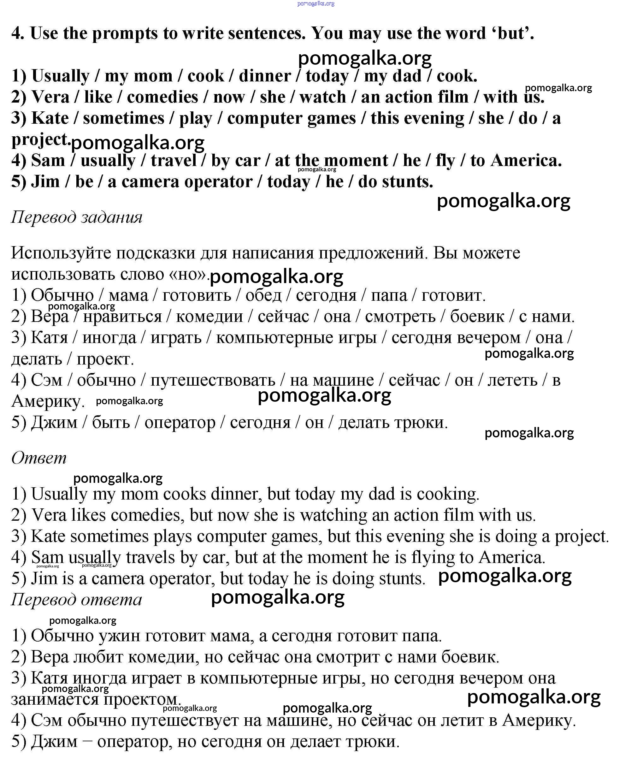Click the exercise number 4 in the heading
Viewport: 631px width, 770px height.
(17, 33)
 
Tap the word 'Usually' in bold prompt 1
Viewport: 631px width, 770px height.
(60, 76)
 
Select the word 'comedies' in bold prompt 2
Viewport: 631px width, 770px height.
(162, 97)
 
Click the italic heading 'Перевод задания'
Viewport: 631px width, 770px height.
(77, 217)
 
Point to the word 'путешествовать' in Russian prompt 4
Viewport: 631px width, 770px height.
(213, 380)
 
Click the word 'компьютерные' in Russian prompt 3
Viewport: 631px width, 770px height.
(296, 338)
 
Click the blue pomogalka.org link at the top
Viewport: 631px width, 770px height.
(315, 4)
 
